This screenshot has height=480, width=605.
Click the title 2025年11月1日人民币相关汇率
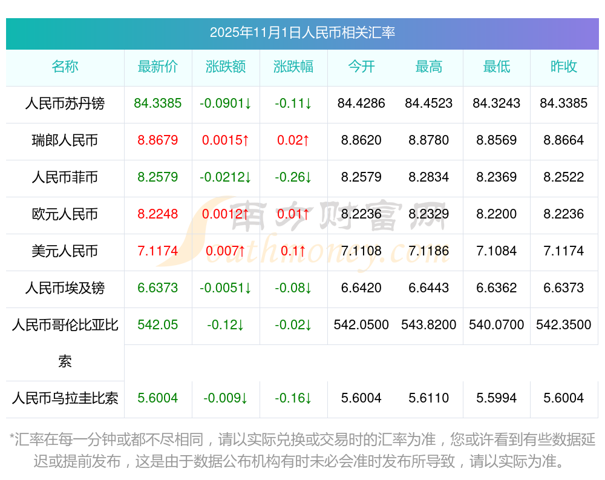[302, 33]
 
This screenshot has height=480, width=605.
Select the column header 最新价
[158, 67]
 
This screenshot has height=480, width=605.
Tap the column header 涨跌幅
[293, 67]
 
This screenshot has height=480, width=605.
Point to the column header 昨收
[564, 67]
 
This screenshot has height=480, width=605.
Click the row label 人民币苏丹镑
[65, 104]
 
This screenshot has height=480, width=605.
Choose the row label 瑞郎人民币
[65, 140]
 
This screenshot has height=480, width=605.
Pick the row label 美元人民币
[65, 251]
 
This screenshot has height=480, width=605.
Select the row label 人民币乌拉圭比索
[65, 398]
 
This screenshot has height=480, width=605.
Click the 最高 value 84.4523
[429, 104]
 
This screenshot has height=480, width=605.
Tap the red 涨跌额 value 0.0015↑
[226, 140]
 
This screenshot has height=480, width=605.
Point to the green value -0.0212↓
[226, 177]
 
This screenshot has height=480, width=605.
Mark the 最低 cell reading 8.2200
[497, 214]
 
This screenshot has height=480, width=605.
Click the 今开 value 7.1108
[361, 251]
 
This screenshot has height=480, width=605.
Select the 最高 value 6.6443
[429, 288]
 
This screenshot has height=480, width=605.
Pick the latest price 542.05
[158, 325]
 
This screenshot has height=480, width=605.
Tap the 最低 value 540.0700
[497, 325]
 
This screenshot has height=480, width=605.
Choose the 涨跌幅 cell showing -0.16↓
[293, 398]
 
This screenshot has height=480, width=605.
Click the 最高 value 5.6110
[429, 398]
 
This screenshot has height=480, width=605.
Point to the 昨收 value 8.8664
[564, 140]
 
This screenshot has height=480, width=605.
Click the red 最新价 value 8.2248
[158, 214]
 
